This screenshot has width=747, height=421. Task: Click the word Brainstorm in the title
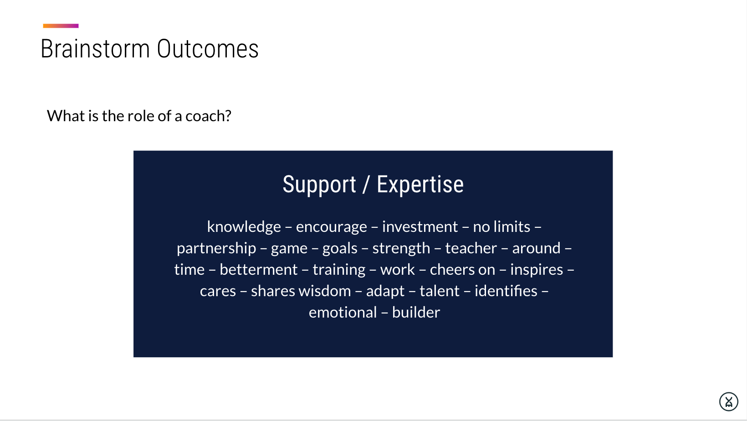pyautogui.click(x=95, y=49)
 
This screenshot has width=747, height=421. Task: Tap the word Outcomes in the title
pyautogui.click(x=207, y=49)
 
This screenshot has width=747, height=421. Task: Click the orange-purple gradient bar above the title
pyautogui.click(x=61, y=26)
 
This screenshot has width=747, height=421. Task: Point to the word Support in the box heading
pyautogui.click(x=319, y=185)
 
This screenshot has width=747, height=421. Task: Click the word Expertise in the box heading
pyautogui.click(x=420, y=185)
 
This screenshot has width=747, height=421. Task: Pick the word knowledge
pyautogui.click(x=244, y=227)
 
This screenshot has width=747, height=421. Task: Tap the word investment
pyautogui.click(x=420, y=227)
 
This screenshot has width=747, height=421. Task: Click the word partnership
pyautogui.click(x=216, y=248)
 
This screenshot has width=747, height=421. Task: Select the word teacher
pyautogui.click(x=471, y=248)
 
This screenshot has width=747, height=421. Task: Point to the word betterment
pyautogui.click(x=258, y=270)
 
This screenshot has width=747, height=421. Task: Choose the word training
pyautogui.click(x=339, y=270)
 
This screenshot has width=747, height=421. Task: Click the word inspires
pyautogui.click(x=537, y=270)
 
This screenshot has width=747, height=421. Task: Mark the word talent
pyautogui.click(x=440, y=291)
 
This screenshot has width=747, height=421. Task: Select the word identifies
pyautogui.click(x=506, y=291)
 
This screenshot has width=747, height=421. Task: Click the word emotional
pyautogui.click(x=343, y=313)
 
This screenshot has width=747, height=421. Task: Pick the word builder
pyautogui.click(x=416, y=313)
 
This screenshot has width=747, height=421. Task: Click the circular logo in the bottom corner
pyautogui.click(x=729, y=402)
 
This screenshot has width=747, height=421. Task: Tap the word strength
pyautogui.click(x=401, y=249)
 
